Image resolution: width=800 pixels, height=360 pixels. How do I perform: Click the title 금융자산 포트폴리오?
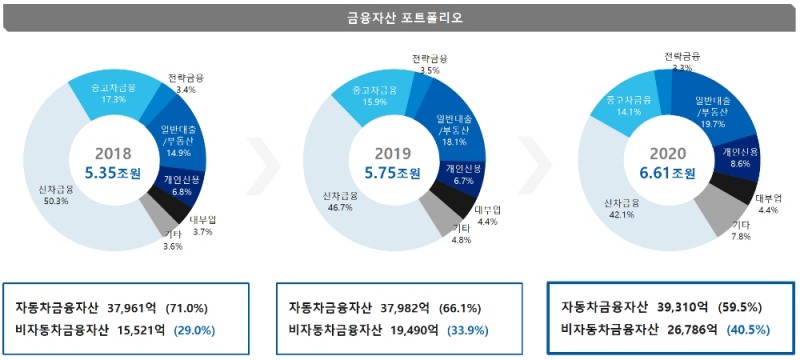coord(399,17)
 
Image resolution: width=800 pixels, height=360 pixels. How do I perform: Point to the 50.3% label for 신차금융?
coord(56,201)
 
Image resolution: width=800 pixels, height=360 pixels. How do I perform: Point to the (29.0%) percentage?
coord(195,328)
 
